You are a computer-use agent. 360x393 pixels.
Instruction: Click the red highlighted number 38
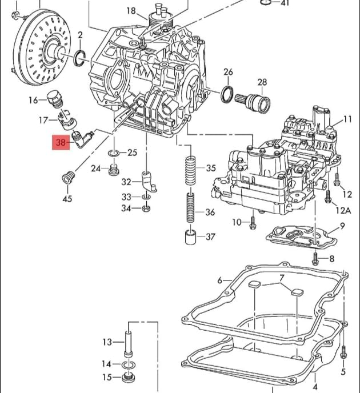click(x=61, y=143)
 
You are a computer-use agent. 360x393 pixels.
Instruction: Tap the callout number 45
click(x=67, y=199)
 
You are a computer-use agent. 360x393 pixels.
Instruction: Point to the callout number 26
click(x=229, y=72)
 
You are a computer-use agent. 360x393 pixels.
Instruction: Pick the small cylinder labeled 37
click(x=191, y=236)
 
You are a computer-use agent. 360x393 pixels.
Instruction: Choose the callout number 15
click(x=107, y=378)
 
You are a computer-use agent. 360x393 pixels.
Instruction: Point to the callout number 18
click(x=131, y=10)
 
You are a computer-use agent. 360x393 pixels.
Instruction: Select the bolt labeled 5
click(x=343, y=352)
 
